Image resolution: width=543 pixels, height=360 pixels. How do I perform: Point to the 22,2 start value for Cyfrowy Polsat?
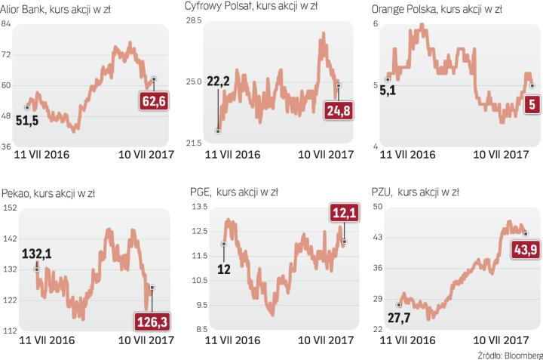point(217,80)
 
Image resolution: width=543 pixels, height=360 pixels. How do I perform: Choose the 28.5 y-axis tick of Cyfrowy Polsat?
point(195,20)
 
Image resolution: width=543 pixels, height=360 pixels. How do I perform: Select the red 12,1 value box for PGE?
point(343,217)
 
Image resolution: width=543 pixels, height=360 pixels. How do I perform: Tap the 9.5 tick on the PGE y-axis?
point(198,306)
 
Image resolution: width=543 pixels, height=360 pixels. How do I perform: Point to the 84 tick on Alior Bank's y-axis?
point(7,24)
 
